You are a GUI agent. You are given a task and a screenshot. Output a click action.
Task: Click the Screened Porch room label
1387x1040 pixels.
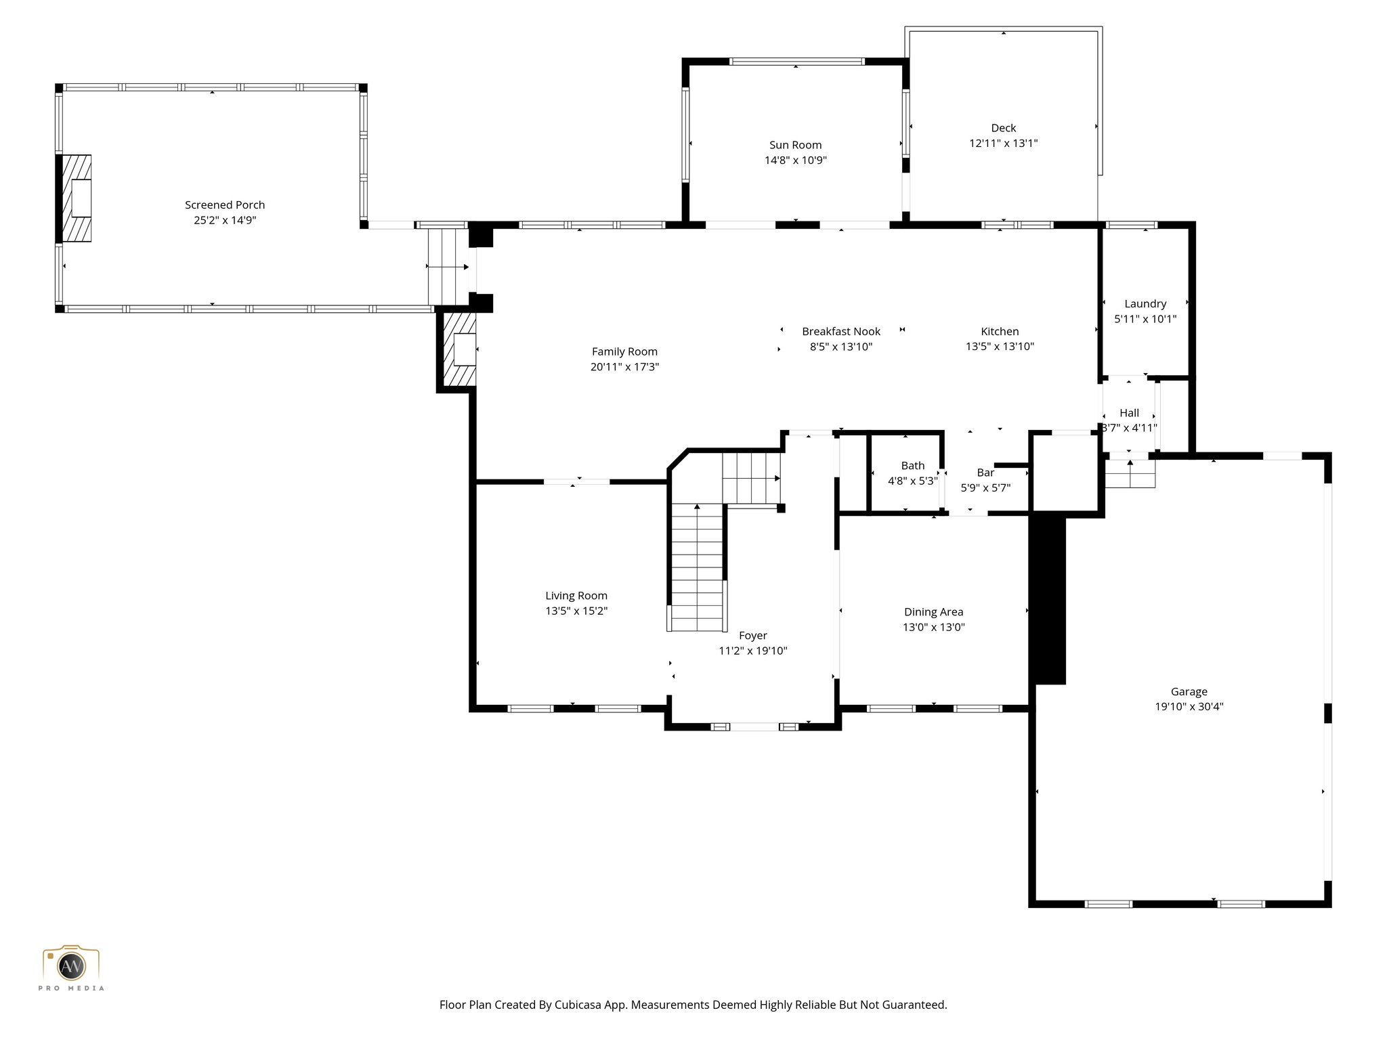point(225,204)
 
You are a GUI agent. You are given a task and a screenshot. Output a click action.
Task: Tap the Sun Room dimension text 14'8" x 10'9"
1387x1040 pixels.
point(795,160)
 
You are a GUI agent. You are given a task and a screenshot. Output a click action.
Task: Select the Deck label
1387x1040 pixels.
point(1003,128)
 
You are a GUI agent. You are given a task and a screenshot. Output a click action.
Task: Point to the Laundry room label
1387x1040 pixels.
point(1145,304)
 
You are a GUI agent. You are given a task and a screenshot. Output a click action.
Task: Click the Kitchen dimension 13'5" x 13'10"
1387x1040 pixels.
point(1000,347)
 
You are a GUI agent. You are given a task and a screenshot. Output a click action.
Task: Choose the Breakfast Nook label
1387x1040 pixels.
point(841,332)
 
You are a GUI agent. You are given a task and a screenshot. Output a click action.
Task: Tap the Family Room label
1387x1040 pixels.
point(624,351)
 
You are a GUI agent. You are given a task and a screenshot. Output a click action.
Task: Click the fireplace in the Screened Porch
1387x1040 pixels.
point(77,198)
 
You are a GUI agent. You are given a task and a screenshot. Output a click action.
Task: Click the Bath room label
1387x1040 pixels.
point(912,466)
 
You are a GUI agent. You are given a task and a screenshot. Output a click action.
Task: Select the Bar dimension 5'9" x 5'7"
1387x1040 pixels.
point(985,487)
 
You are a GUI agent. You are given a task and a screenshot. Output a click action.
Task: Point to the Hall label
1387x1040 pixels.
point(1129,413)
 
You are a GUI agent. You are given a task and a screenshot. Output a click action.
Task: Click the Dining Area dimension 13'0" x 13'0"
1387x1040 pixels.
point(933,627)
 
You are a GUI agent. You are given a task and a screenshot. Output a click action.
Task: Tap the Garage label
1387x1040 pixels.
point(1189,692)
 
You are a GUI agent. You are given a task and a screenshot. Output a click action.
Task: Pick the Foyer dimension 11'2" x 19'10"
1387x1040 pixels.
point(752,651)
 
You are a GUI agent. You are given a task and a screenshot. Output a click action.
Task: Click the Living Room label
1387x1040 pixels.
point(576,596)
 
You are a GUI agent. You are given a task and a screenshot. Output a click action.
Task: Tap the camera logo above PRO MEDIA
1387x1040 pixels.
point(71,964)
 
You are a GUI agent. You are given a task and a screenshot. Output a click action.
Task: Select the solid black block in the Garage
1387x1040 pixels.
point(1048,599)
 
